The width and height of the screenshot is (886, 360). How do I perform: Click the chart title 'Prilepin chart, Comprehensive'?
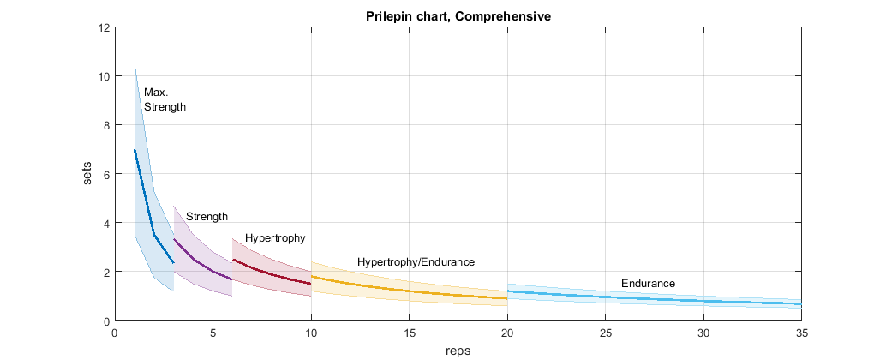tap(458, 16)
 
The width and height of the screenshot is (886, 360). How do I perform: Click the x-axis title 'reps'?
tap(458, 351)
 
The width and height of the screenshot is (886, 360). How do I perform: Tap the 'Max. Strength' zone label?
tap(165, 99)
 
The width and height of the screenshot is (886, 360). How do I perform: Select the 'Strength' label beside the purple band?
tap(207, 217)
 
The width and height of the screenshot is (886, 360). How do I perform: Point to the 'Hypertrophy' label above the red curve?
tap(275, 238)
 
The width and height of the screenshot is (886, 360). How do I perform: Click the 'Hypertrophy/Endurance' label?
tap(416, 261)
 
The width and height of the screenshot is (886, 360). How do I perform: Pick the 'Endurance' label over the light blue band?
tap(648, 283)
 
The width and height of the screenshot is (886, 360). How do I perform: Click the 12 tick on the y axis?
tap(104, 27)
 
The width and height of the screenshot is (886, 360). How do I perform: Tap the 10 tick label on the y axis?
tap(104, 76)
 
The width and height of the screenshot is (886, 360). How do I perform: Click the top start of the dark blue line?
tap(135, 150)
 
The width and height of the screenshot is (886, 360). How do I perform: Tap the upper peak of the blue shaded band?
tap(135, 63)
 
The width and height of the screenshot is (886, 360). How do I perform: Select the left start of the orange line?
tap(311, 276)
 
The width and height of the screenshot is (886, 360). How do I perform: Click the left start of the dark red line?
tap(233, 260)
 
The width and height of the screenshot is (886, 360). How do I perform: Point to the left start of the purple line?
tap(174, 239)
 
